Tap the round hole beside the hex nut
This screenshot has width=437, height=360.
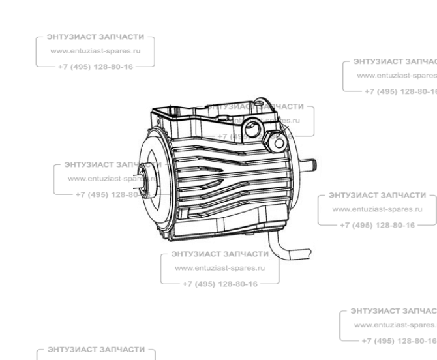(x=279, y=142)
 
